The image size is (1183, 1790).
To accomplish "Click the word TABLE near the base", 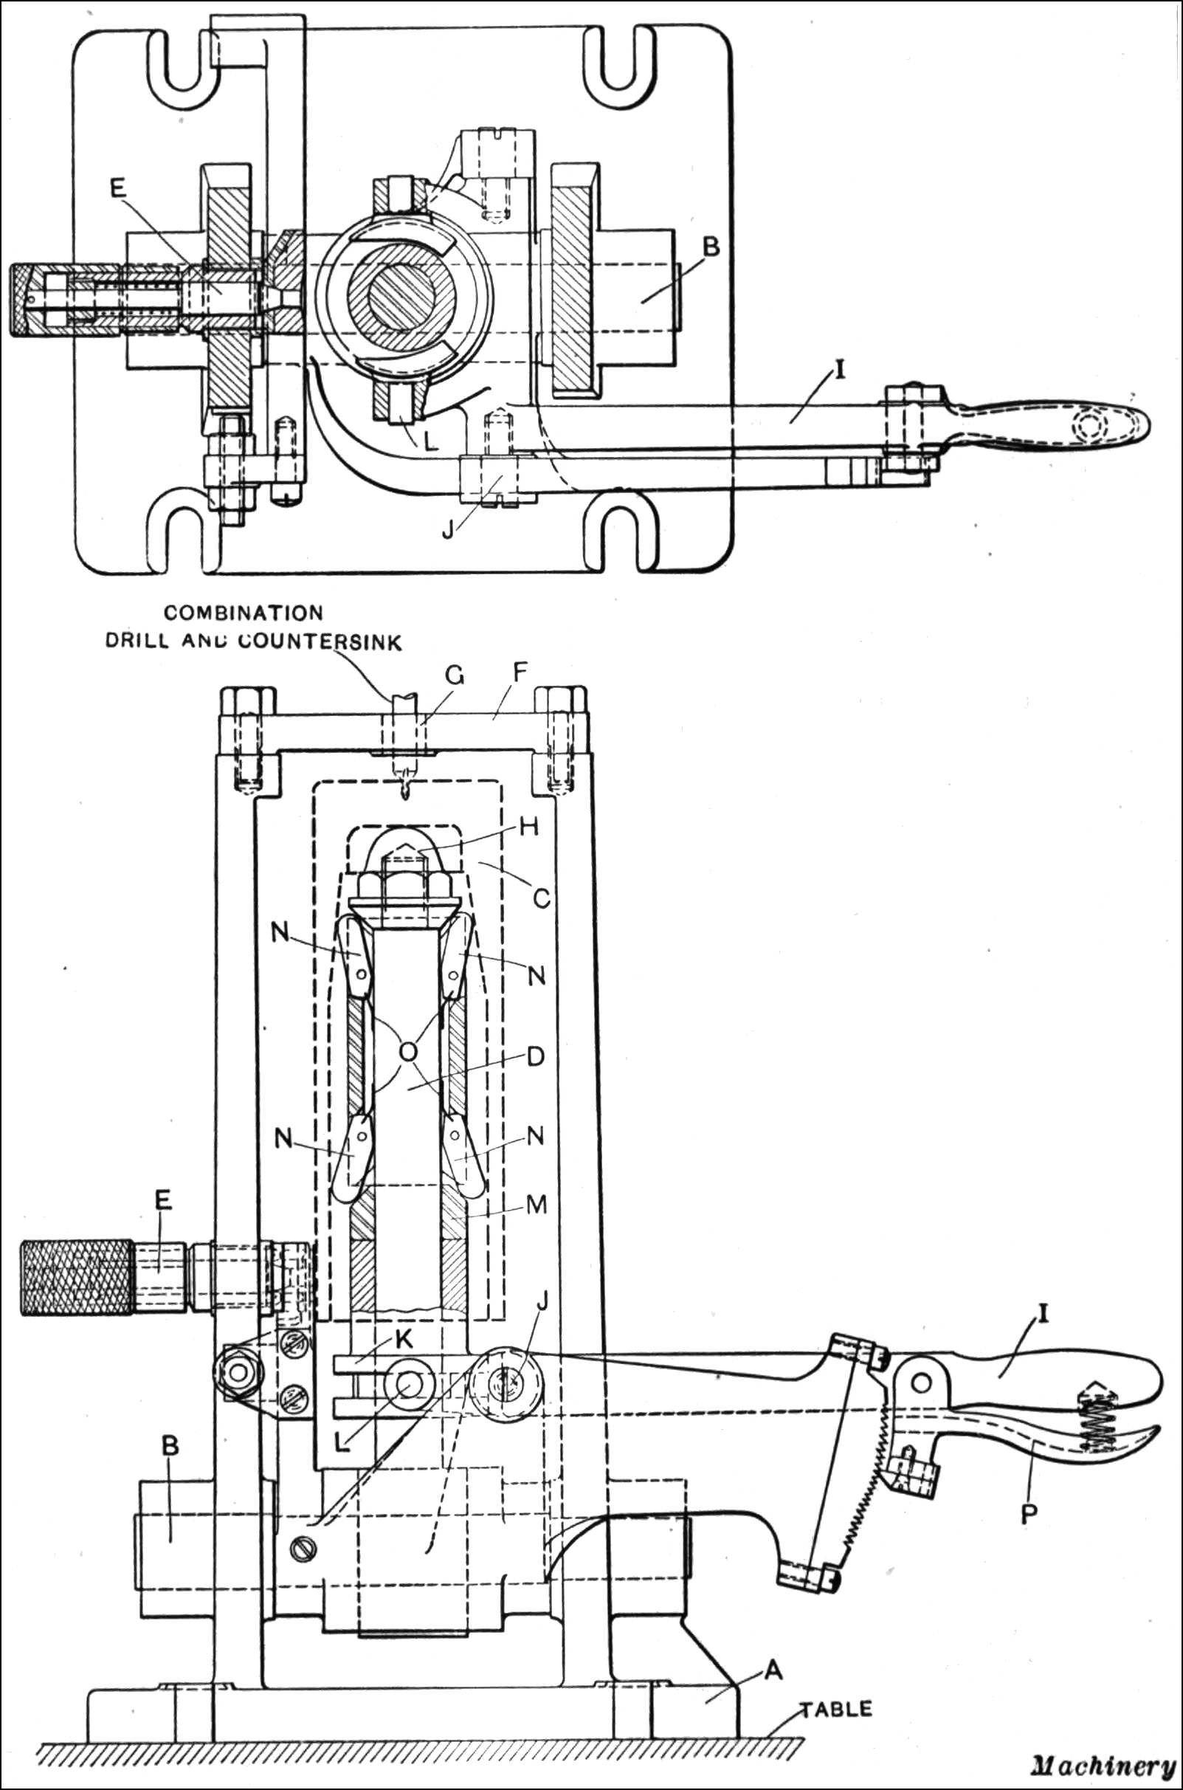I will pos(835,1709).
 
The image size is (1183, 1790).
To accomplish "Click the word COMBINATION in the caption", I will pos(244,613).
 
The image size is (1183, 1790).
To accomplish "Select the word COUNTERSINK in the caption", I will pos(320,641).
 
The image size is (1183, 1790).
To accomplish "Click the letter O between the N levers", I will pos(408,1051).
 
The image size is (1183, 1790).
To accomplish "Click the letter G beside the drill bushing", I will pos(453,675).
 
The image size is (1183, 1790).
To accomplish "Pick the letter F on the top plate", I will pos(520,672).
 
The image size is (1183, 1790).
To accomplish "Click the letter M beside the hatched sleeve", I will pos(536,1205).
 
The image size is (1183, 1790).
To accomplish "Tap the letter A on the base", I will pos(773,1671).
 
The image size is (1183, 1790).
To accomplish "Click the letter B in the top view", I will pos(711,247).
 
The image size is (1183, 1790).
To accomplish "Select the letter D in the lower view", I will pos(535,1056).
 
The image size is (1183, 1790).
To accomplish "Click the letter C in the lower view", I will pos(541,898).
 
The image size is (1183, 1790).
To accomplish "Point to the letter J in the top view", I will pos(448,530).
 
